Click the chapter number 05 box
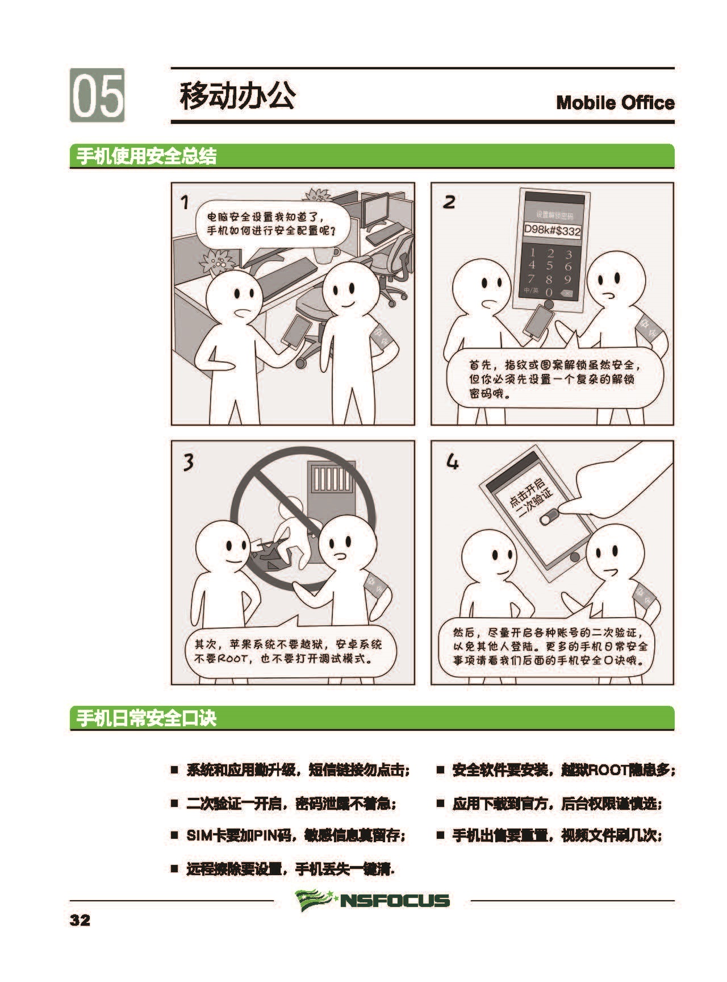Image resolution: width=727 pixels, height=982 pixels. tap(97, 95)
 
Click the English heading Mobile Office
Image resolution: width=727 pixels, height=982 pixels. tap(615, 103)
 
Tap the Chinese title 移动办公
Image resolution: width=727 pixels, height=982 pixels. tap(237, 95)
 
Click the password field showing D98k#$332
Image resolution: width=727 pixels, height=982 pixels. tap(552, 231)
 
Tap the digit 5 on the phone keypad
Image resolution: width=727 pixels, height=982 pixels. tap(550, 265)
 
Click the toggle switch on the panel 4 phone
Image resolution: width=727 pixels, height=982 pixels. tap(549, 517)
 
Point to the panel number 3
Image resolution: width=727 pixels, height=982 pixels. tap(188, 462)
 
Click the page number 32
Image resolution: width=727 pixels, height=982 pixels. tap(80, 920)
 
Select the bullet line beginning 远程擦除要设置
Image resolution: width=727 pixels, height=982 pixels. tap(283, 869)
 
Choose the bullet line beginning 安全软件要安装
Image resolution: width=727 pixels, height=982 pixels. tap(556, 770)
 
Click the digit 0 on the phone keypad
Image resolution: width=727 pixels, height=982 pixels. tap(549, 292)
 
